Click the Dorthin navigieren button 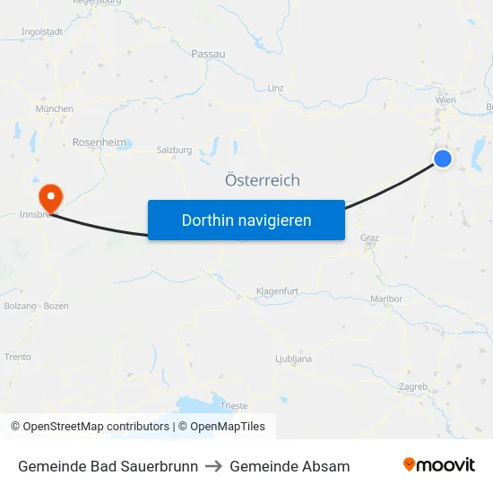(x=246, y=220)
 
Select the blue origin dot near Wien (x=443, y=159)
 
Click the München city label (x=54, y=108)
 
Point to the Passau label (x=208, y=54)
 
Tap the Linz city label (x=275, y=88)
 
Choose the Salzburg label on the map (x=174, y=150)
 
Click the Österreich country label (x=263, y=180)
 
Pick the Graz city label (x=369, y=238)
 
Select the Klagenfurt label (x=276, y=291)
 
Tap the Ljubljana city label (x=293, y=359)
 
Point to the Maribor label (x=386, y=298)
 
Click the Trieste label (x=233, y=406)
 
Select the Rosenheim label (x=99, y=143)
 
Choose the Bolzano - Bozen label (x=36, y=306)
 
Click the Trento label (x=18, y=356)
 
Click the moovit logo (x=439, y=465)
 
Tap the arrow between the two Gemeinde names (x=214, y=466)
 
